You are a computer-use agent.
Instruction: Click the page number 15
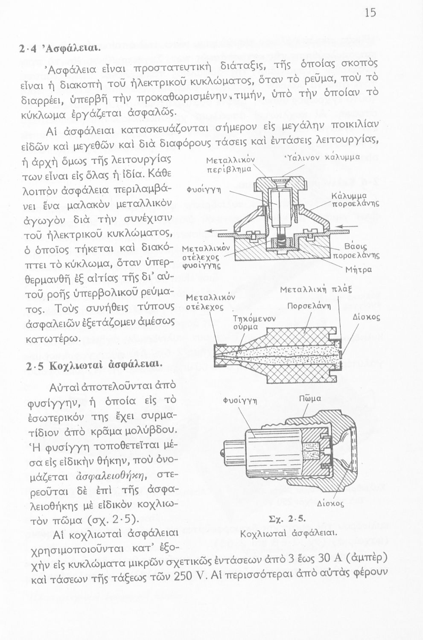[370, 13]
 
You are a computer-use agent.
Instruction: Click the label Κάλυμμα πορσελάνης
[355, 200]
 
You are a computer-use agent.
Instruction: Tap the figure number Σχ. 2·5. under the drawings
[289, 520]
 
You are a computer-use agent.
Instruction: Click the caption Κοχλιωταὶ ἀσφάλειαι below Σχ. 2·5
[289, 534]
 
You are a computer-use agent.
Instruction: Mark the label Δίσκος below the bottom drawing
[331, 503]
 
